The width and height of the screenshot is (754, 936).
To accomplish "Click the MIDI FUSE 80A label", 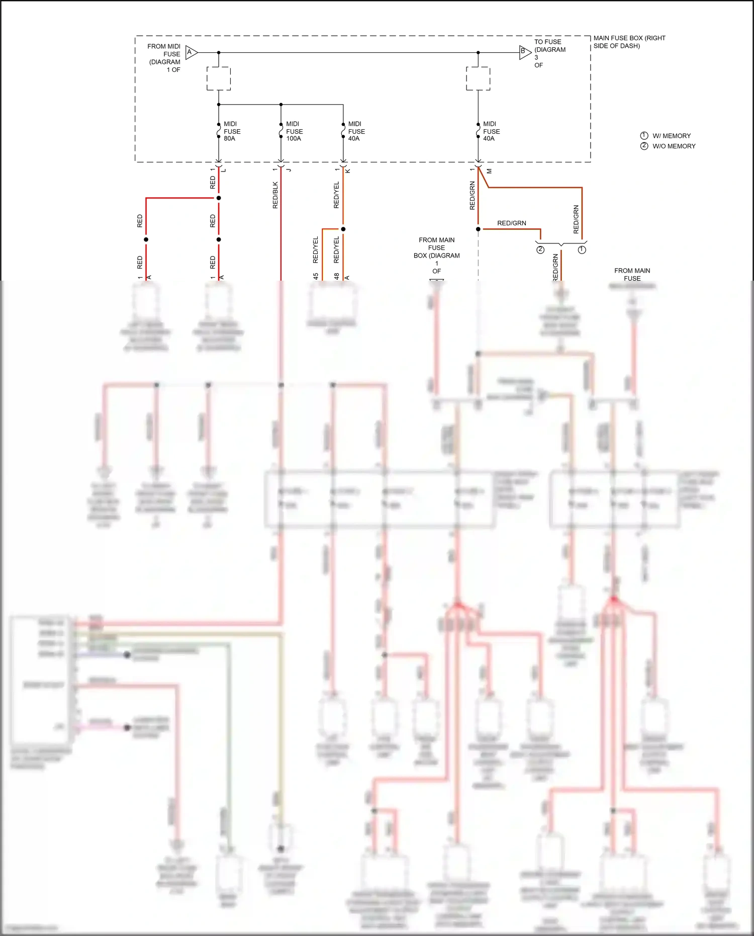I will [232, 131].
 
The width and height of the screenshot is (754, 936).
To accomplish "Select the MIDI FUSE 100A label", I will [294, 131].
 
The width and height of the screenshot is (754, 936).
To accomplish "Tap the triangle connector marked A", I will [192, 52].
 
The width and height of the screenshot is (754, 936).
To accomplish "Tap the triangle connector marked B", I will [525, 52].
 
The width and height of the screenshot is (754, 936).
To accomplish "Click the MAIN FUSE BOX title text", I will [629, 42].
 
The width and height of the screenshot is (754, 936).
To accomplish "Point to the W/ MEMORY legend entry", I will [671, 136].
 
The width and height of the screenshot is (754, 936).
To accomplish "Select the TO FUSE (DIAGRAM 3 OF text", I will [549, 53].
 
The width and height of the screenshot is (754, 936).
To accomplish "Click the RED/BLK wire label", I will [275, 195].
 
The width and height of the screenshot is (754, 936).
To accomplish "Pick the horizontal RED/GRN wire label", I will [511, 223].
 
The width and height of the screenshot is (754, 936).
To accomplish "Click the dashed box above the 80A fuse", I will [219, 78].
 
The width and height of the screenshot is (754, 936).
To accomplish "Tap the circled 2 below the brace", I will [540, 250].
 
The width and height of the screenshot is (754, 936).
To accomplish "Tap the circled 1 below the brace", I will [582, 250].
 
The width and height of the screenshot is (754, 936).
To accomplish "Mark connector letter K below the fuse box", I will [348, 171].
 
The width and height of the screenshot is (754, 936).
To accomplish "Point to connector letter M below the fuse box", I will [489, 171].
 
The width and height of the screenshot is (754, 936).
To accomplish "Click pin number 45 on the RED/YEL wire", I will [315, 276].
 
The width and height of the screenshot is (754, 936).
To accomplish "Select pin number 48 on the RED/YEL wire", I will [336, 276].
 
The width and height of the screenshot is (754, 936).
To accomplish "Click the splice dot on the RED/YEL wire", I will [343, 229].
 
